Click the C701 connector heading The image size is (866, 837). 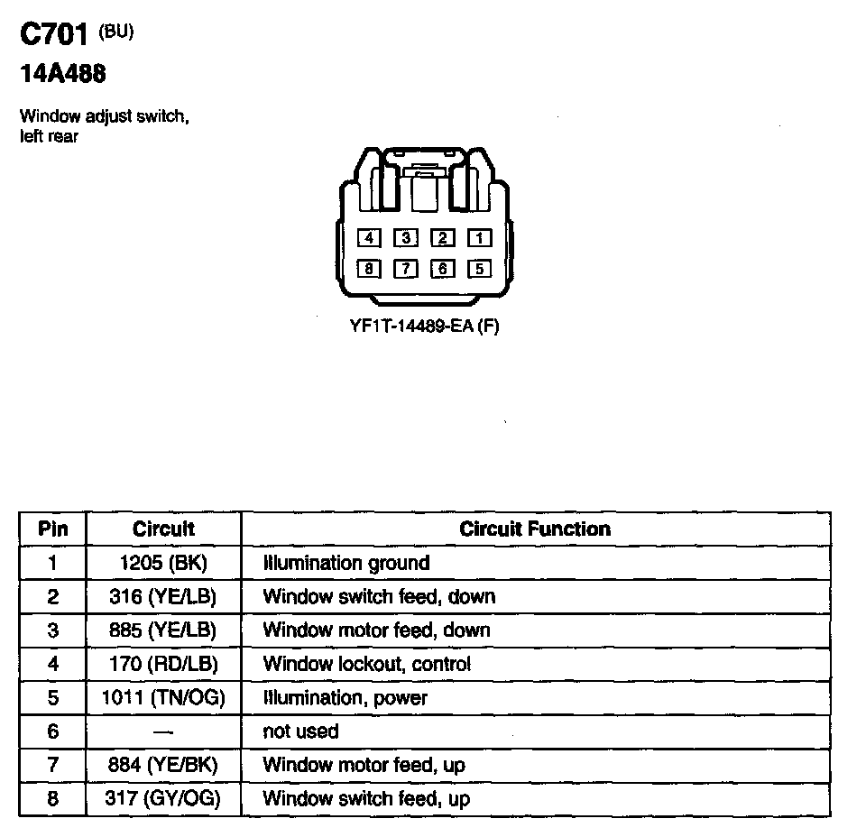[x=53, y=36]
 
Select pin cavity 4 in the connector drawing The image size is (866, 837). [x=370, y=238]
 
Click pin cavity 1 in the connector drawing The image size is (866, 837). [x=479, y=238]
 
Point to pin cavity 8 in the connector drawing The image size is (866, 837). [x=370, y=268]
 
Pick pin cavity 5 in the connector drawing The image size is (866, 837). [x=479, y=268]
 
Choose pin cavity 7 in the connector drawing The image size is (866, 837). [x=407, y=268]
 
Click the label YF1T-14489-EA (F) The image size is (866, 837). [x=424, y=326]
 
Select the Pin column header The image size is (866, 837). [x=52, y=529]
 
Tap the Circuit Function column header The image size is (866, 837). [x=535, y=529]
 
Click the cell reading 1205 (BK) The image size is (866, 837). [x=163, y=563]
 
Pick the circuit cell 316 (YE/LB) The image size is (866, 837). [x=163, y=596]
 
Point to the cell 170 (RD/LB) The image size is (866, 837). [x=163, y=664]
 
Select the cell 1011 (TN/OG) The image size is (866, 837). [x=163, y=697]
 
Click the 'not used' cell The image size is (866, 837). [x=300, y=731]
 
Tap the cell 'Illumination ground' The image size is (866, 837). [x=346, y=563]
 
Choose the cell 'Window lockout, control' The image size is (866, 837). [x=367, y=664]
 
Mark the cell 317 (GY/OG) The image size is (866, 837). [x=163, y=798]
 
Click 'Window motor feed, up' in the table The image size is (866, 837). [x=364, y=765]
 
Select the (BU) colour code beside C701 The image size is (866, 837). [x=115, y=32]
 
